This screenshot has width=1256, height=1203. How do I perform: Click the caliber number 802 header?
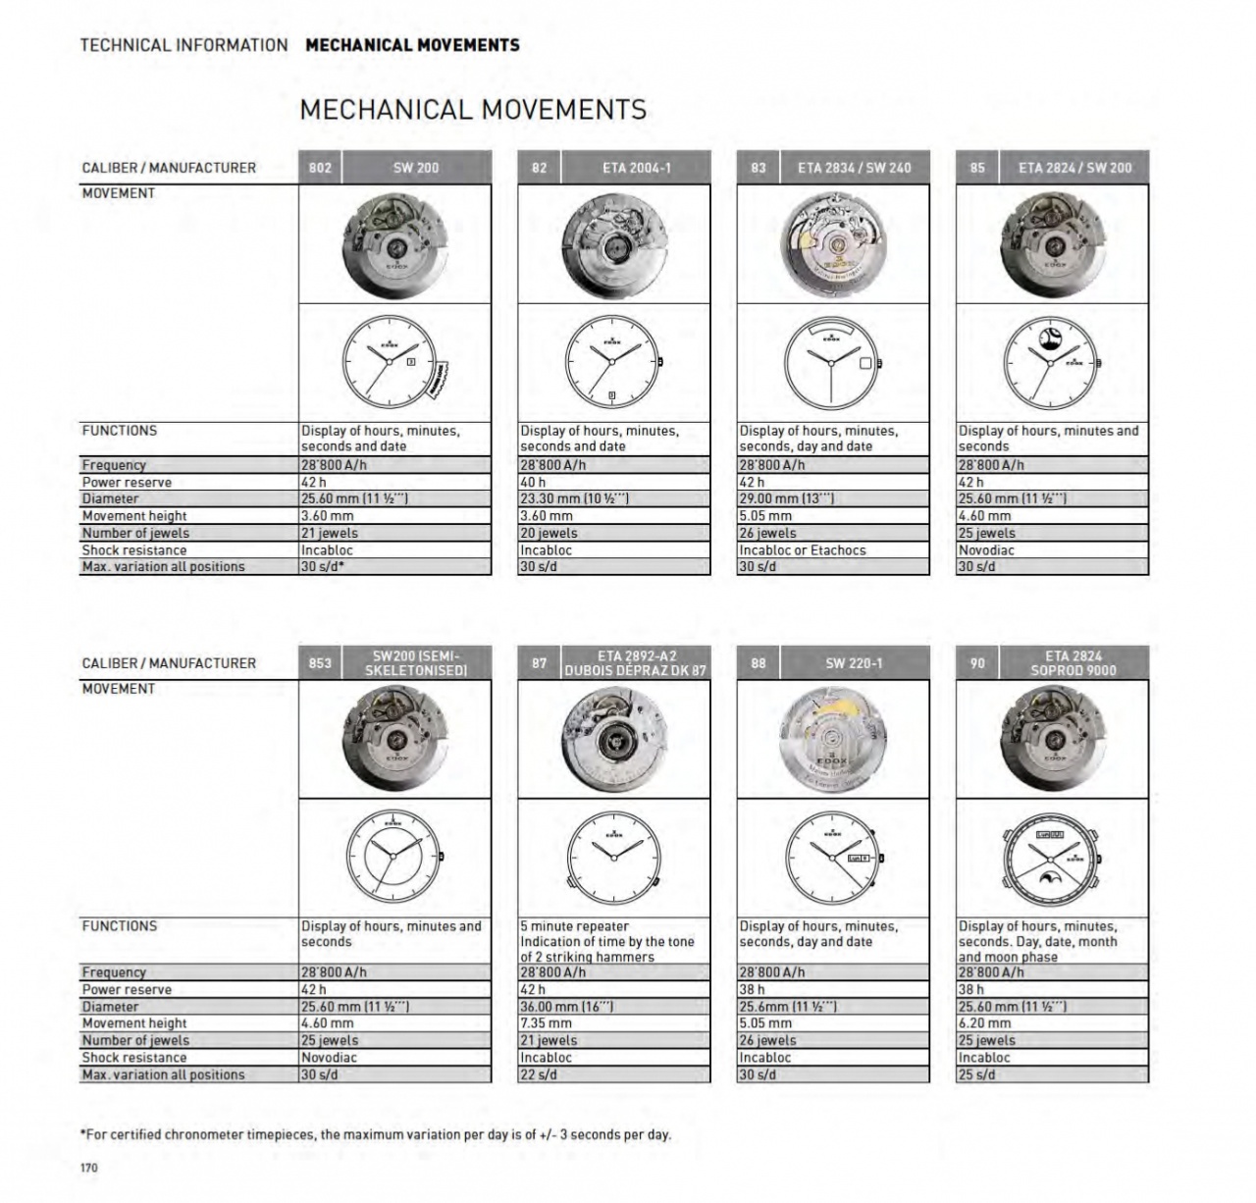tap(320, 168)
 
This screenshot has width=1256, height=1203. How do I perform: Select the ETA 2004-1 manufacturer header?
tap(637, 168)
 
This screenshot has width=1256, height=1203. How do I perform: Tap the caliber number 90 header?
tap(977, 663)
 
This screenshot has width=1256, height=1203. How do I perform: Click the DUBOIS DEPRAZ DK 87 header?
tap(635, 671)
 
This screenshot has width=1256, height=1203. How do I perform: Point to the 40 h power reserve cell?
tap(613, 483)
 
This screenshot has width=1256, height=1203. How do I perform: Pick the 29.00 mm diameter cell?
tap(832, 499)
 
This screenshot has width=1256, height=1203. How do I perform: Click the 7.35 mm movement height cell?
tap(613, 1023)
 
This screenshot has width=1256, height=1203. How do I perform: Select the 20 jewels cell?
tap(613, 534)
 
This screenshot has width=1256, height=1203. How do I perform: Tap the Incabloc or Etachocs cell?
tap(832, 550)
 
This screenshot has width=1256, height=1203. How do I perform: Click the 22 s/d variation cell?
tap(613, 1074)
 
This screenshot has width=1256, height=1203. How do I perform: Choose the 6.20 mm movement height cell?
tap(1052, 1023)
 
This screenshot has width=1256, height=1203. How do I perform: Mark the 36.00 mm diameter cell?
tap(613, 1007)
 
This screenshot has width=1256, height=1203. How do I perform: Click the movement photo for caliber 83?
tap(832, 244)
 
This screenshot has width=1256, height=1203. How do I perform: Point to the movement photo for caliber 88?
tap(832, 739)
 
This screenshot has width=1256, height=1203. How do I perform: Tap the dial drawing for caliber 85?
tap(1050, 363)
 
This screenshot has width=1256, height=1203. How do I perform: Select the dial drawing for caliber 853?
tap(393, 857)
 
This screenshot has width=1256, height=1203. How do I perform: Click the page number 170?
tap(89, 1168)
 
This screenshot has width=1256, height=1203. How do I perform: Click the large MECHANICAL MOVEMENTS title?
tap(473, 110)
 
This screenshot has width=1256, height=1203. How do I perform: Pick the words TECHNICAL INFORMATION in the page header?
tap(183, 45)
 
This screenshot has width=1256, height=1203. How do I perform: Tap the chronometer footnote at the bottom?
tap(376, 1134)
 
